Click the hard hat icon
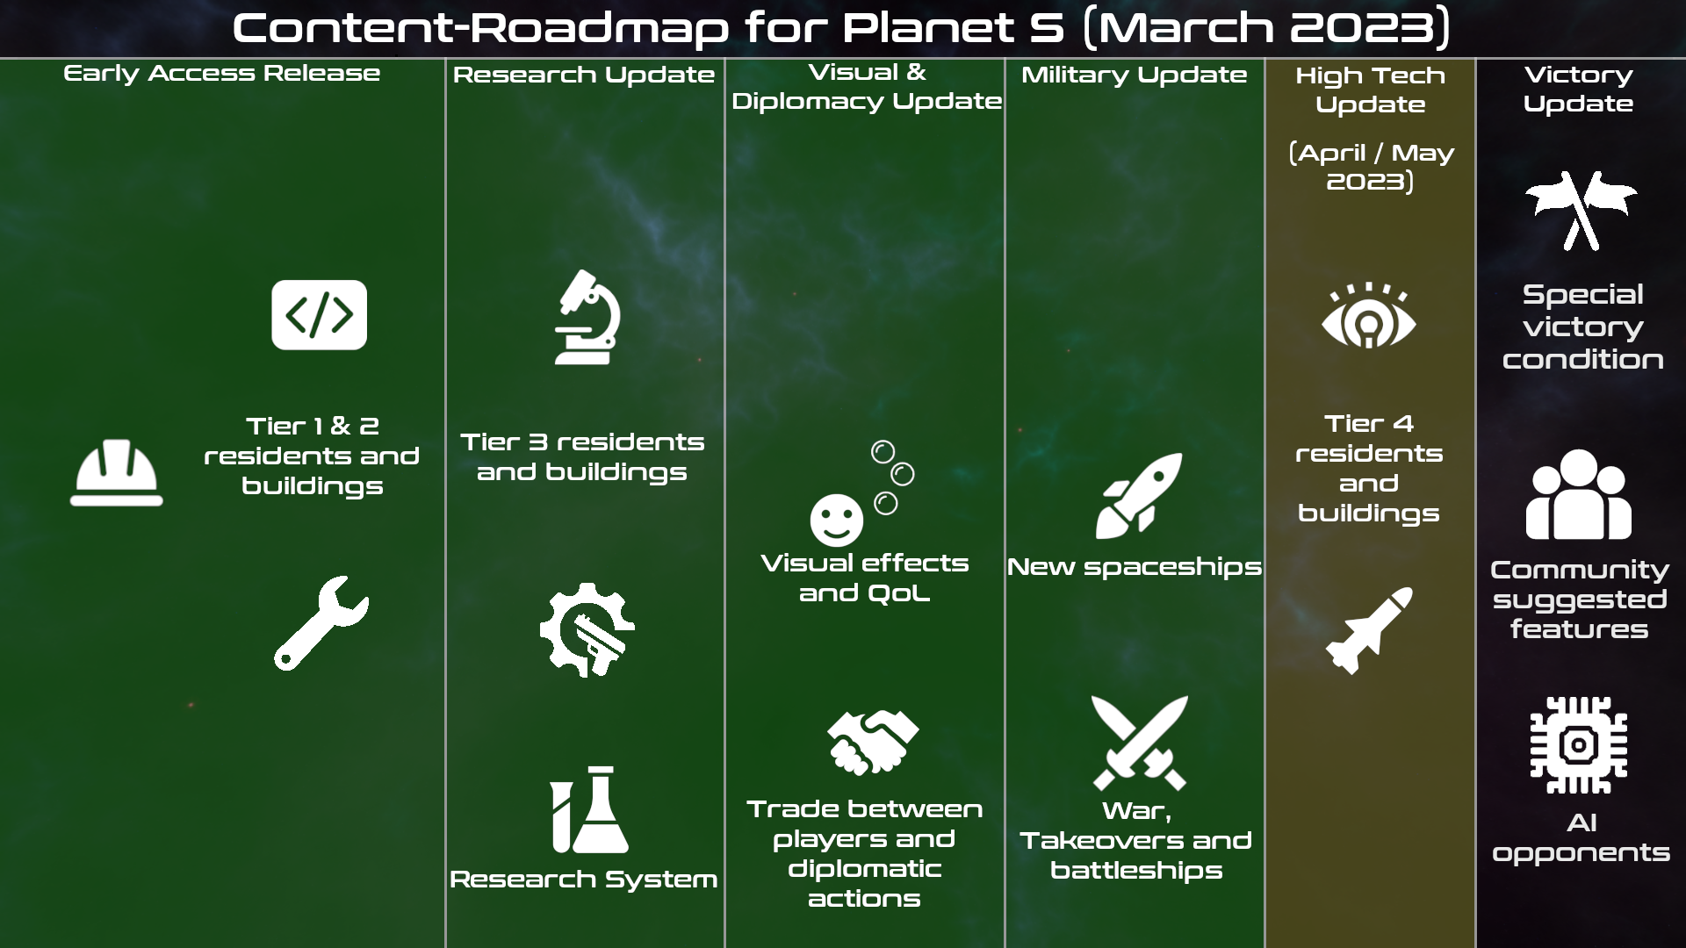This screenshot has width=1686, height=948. [117, 472]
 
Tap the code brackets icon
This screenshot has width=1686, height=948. [319, 315]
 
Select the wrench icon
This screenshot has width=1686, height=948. [321, 623]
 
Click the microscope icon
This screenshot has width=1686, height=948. [587, 317]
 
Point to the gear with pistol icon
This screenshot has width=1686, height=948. [587, 629]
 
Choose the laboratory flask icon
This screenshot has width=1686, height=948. [589, 809]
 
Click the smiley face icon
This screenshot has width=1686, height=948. [836, 520]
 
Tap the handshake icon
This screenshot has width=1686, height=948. [873, 742]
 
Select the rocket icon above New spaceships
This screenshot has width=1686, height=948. [1139, 496]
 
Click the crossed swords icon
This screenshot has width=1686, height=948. [1139, 743]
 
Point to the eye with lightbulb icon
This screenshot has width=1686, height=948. [1369, 316]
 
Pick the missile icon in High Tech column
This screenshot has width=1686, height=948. [1369, 630]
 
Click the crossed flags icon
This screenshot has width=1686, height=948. [1581, 211]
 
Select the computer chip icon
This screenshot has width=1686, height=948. [1579, 745]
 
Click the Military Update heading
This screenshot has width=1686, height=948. [1134, 75]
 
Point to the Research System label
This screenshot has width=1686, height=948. [583, 880]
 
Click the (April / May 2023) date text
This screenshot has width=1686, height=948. [1371, 167]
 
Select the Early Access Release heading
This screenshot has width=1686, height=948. [222, 74]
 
